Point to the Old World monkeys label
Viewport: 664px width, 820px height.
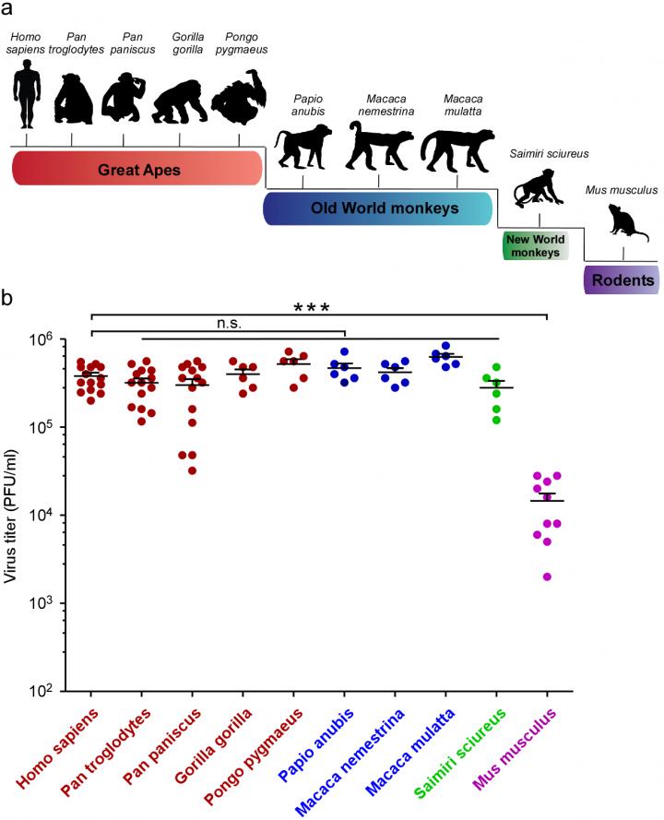pos(378,208)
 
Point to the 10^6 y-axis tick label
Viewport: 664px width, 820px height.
pos(51,340)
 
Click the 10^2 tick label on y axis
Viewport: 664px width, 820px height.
pos(51,691)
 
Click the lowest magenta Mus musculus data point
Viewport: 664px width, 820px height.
pos(547,577)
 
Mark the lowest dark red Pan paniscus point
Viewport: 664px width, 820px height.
pos(192,470)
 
